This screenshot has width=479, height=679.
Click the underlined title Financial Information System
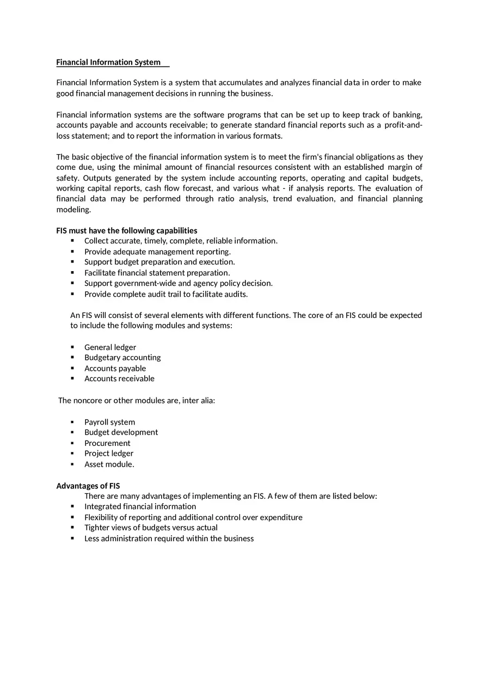click(108, 62)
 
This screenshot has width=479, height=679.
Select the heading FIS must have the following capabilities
click(127, 230)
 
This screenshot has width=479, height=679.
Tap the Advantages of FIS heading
click(88, 486)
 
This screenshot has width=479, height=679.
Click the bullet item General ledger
click(110, 347)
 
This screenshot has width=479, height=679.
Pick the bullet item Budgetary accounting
click(122, 358)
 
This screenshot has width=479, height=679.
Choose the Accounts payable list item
click(115, 369)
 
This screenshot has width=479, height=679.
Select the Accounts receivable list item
click(119, 378)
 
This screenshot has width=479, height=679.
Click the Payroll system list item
click(109, 422)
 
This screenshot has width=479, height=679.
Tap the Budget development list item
click(121, 432)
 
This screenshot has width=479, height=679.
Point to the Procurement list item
click(107, 443)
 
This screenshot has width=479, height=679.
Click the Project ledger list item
click(108, 454)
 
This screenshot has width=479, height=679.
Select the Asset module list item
click(109, 464)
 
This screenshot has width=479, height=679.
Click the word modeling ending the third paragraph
click(73, 210)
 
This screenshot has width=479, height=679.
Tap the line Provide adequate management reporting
click(157, 252)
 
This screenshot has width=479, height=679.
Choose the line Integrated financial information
click(140, 506)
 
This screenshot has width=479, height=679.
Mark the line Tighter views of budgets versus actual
click(151, 528)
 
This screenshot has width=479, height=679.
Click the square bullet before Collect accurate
click(72, 241)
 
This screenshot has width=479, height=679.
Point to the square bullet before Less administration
click(72, 539)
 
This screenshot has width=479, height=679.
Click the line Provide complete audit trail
click(165, 294)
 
